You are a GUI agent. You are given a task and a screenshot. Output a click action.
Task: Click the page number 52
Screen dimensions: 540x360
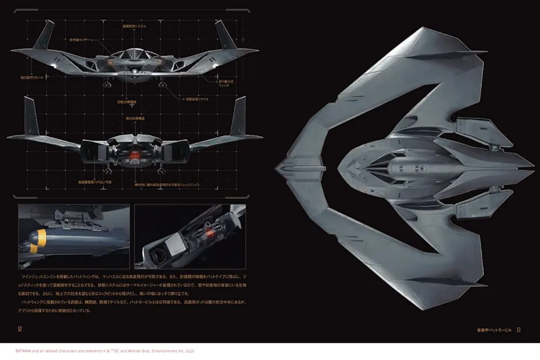(x=20, y=329)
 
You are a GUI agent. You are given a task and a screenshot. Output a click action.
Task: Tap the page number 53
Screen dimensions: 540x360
(x=518, y=329)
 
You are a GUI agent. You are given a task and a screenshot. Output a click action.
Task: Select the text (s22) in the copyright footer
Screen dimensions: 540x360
(x=188, y=351)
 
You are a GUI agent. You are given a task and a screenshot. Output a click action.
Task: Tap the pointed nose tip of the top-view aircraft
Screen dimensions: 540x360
(x=279, y=172)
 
